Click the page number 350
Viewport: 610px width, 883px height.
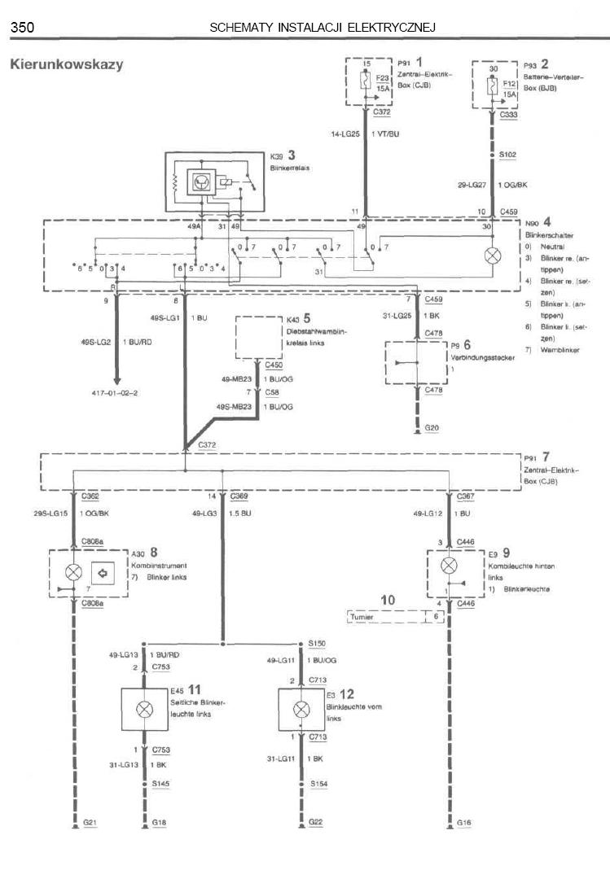tap(22, 28)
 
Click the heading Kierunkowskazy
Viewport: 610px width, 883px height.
tap(66, 64)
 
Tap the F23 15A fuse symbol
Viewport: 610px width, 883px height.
tap(366, 81)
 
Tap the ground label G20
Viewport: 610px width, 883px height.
tap(431, 427)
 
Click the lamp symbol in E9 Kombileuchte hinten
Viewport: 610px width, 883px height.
tap(447, 565)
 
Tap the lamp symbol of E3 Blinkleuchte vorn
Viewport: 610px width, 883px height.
tap(301, 708)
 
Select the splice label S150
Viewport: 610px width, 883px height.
tap(318, 643)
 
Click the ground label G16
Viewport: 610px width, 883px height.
tap(463, 824)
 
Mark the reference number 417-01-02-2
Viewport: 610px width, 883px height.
tap(116, 393)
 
